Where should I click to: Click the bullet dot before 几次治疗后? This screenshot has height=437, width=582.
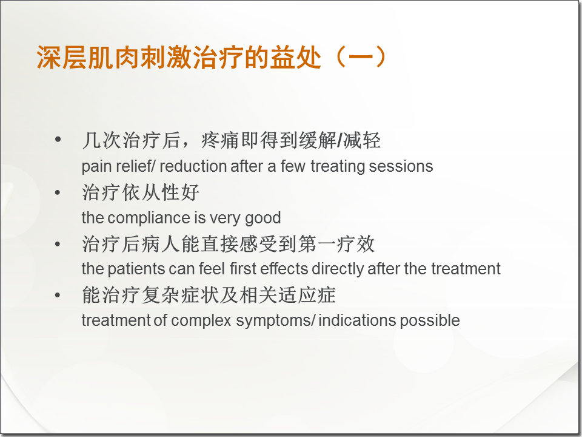tap(58, 140)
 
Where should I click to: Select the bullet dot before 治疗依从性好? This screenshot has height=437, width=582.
tap(58, 193)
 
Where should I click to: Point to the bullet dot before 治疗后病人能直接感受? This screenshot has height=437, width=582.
tap(58, 244)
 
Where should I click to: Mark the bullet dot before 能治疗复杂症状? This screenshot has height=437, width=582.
tap(58, 296)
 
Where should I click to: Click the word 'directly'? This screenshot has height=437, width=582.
tap(338, 269)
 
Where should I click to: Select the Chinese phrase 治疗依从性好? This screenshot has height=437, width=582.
tap(141, 193)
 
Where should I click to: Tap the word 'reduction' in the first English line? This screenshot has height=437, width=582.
tap(192, 166)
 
